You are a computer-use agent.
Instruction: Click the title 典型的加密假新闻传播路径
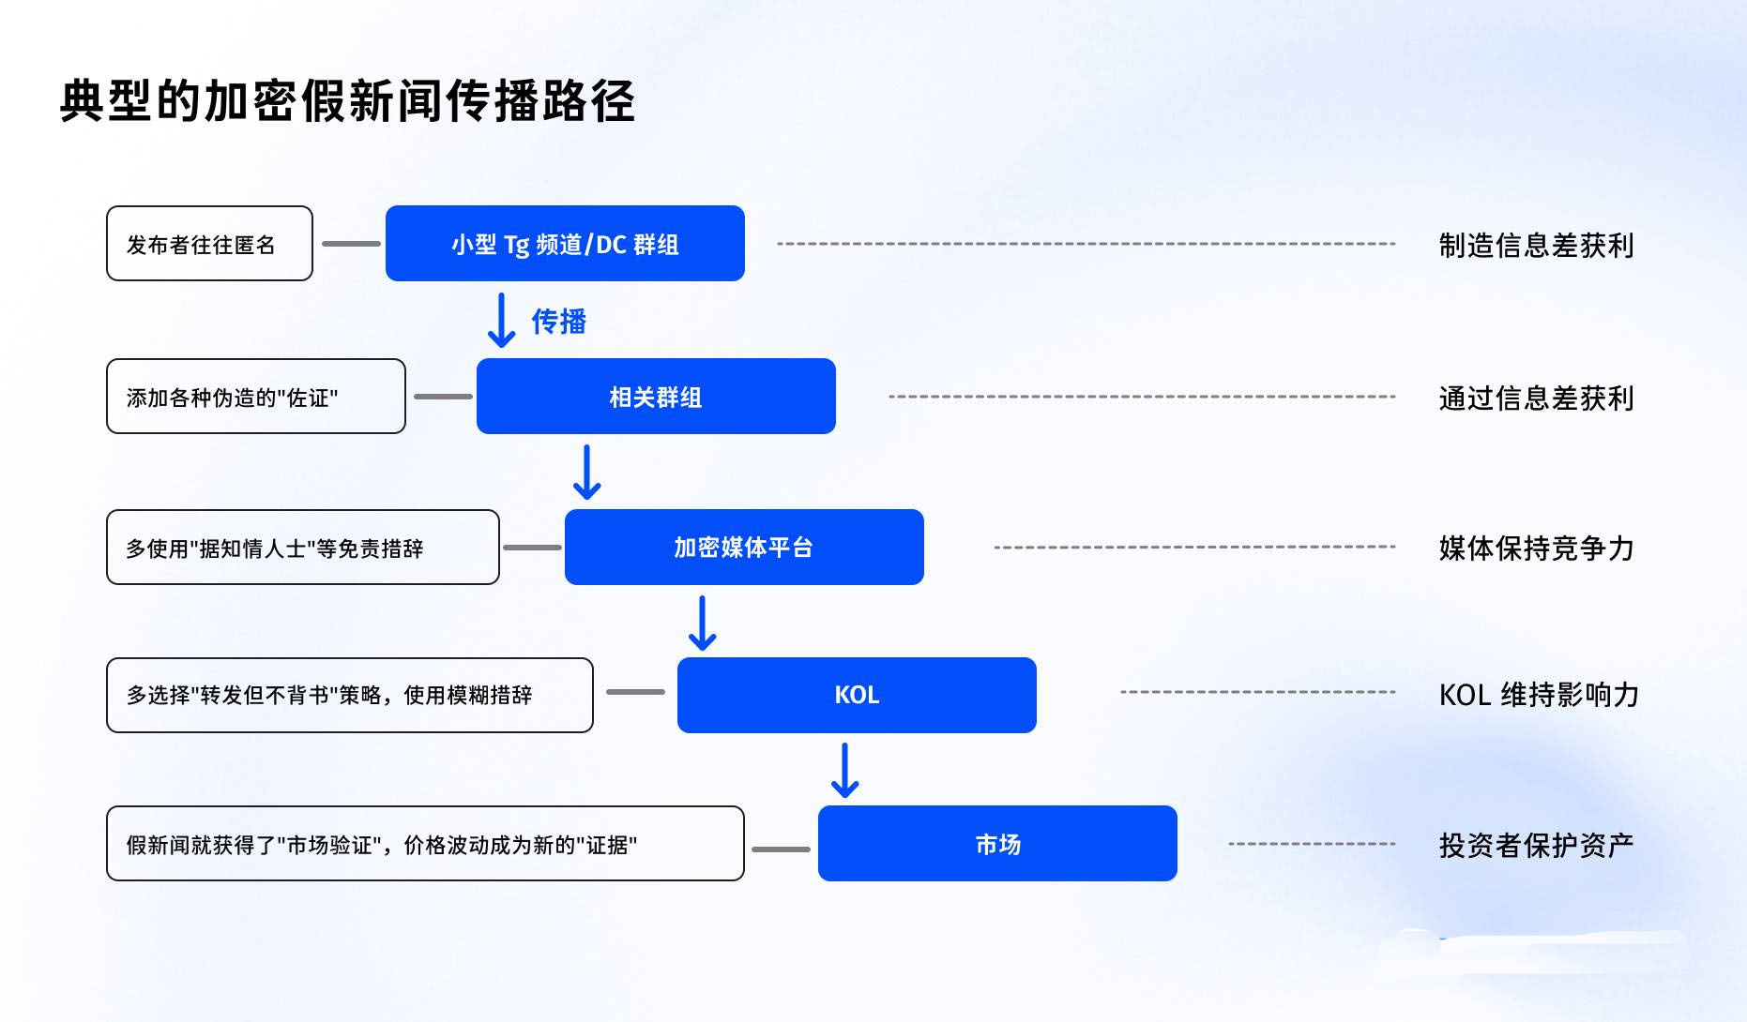347,101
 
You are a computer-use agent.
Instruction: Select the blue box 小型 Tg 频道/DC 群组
565,243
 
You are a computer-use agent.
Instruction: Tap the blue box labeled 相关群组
656,396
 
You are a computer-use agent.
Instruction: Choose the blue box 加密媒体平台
744,547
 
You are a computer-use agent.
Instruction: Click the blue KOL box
857,695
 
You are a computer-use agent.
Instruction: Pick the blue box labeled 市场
997,843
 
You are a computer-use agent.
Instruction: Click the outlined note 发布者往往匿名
209,243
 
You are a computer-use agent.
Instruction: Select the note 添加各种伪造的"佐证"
256,396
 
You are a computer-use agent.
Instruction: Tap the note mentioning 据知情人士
303,547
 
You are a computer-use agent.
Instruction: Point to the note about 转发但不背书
350,695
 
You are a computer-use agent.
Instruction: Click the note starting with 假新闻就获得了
425,843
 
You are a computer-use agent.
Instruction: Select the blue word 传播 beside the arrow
559,322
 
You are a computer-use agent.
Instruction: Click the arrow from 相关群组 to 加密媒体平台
587,472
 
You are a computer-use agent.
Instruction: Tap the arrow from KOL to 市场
845,770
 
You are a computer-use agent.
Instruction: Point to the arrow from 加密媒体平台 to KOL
703,623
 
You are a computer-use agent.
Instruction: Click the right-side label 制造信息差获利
1537,245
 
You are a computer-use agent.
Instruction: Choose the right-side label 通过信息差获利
1537,398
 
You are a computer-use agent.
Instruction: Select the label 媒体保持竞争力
1537,548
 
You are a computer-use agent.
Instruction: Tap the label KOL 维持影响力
1539,695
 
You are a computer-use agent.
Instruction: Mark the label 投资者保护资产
1537,845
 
